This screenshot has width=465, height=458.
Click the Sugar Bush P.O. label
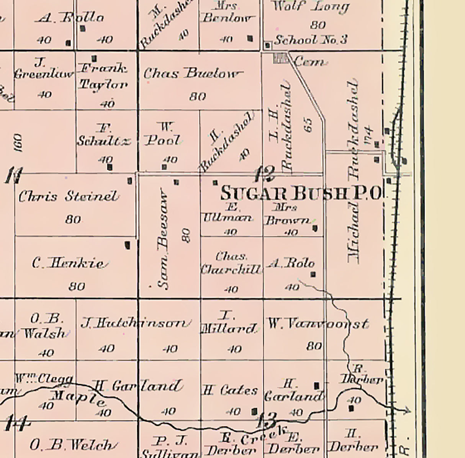click(x=301, y=193)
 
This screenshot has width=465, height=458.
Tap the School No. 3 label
click(x=311, y=40)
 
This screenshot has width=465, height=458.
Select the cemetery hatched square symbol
click(x=280, y=58)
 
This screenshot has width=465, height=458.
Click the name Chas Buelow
click(x=193, y=74)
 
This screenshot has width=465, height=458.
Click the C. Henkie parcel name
click(x=68, y=263)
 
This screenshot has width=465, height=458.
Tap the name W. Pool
click(x=163, y=134)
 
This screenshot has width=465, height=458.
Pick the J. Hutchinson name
click(x=135, y=324)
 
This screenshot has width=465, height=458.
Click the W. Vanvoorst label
click(x=318, y=324)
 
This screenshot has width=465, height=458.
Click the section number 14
click(x=17, y=424)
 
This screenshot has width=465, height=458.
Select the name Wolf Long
click(x=310, y=7)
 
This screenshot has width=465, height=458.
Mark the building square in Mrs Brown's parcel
click(x=315, y=228)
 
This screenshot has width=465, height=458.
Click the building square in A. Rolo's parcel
click(x=313, y=274)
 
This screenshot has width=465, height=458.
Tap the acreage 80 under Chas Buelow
click(x=198, y=96)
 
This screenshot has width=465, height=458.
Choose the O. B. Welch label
click(x=71, y=445)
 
